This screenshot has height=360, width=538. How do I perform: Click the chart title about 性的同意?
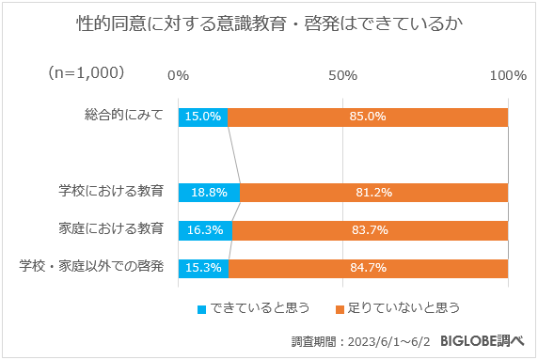(x=268, y=23)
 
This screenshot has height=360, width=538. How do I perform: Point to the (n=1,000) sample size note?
(x=86, y=72)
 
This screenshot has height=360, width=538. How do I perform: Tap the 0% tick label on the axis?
(x=178, y=74)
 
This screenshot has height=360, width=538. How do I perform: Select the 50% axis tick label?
(x=342, y=74)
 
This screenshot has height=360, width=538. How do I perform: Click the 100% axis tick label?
(x=508, y=74)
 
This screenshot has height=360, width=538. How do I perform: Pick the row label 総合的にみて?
(x=124, y=117)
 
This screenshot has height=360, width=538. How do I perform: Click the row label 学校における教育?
(x=111, y=192)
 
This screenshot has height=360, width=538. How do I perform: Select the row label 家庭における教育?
(x=111, y=228)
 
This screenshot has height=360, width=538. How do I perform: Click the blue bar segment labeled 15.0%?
(x=202, y=117)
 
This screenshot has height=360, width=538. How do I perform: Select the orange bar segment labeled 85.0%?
(x=368, y=117)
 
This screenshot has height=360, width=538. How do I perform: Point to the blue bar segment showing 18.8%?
(x=208, y=193)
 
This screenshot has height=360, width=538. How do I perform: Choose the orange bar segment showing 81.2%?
(x=374, y=193)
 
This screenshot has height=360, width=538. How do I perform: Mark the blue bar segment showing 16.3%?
(x=204, y=230)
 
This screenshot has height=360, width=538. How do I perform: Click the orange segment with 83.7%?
(x=371, y=230)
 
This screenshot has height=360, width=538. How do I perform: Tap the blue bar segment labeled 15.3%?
(x=202, y=268)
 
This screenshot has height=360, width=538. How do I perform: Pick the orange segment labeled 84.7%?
(x=369, y=268)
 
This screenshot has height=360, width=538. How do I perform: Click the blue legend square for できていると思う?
(x=201, y=308)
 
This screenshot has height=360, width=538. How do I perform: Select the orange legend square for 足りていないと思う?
(x=340, y=308)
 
